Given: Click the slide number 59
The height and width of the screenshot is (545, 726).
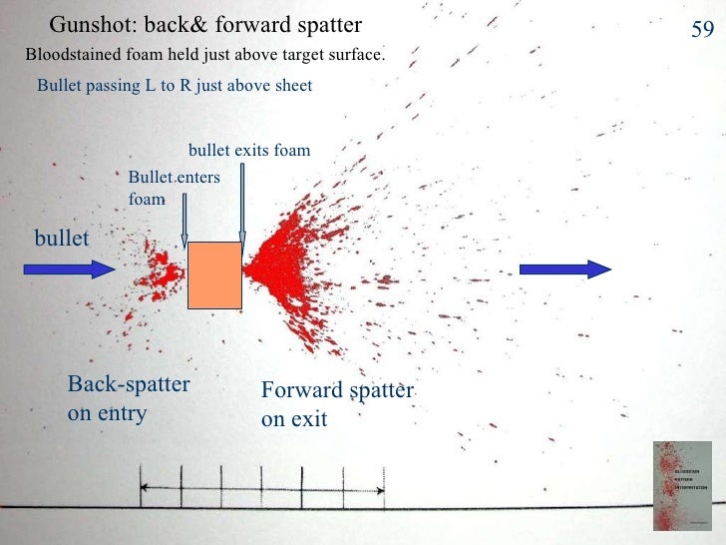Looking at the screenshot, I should click(702, 31).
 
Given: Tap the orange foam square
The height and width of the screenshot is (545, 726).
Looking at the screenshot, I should click(214, 273).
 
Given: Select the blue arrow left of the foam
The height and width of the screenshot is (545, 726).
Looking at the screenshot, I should click(69, 269).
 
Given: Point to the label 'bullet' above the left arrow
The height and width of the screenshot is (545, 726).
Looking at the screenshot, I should click(62, 238).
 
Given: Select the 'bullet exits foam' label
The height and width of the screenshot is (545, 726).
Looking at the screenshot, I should click(249, 151).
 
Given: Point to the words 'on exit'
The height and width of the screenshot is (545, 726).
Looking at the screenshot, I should click(294, 420).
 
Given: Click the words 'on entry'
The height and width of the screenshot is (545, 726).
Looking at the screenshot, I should click(107, 413).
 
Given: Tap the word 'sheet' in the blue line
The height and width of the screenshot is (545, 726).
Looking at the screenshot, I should click(291, 86).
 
